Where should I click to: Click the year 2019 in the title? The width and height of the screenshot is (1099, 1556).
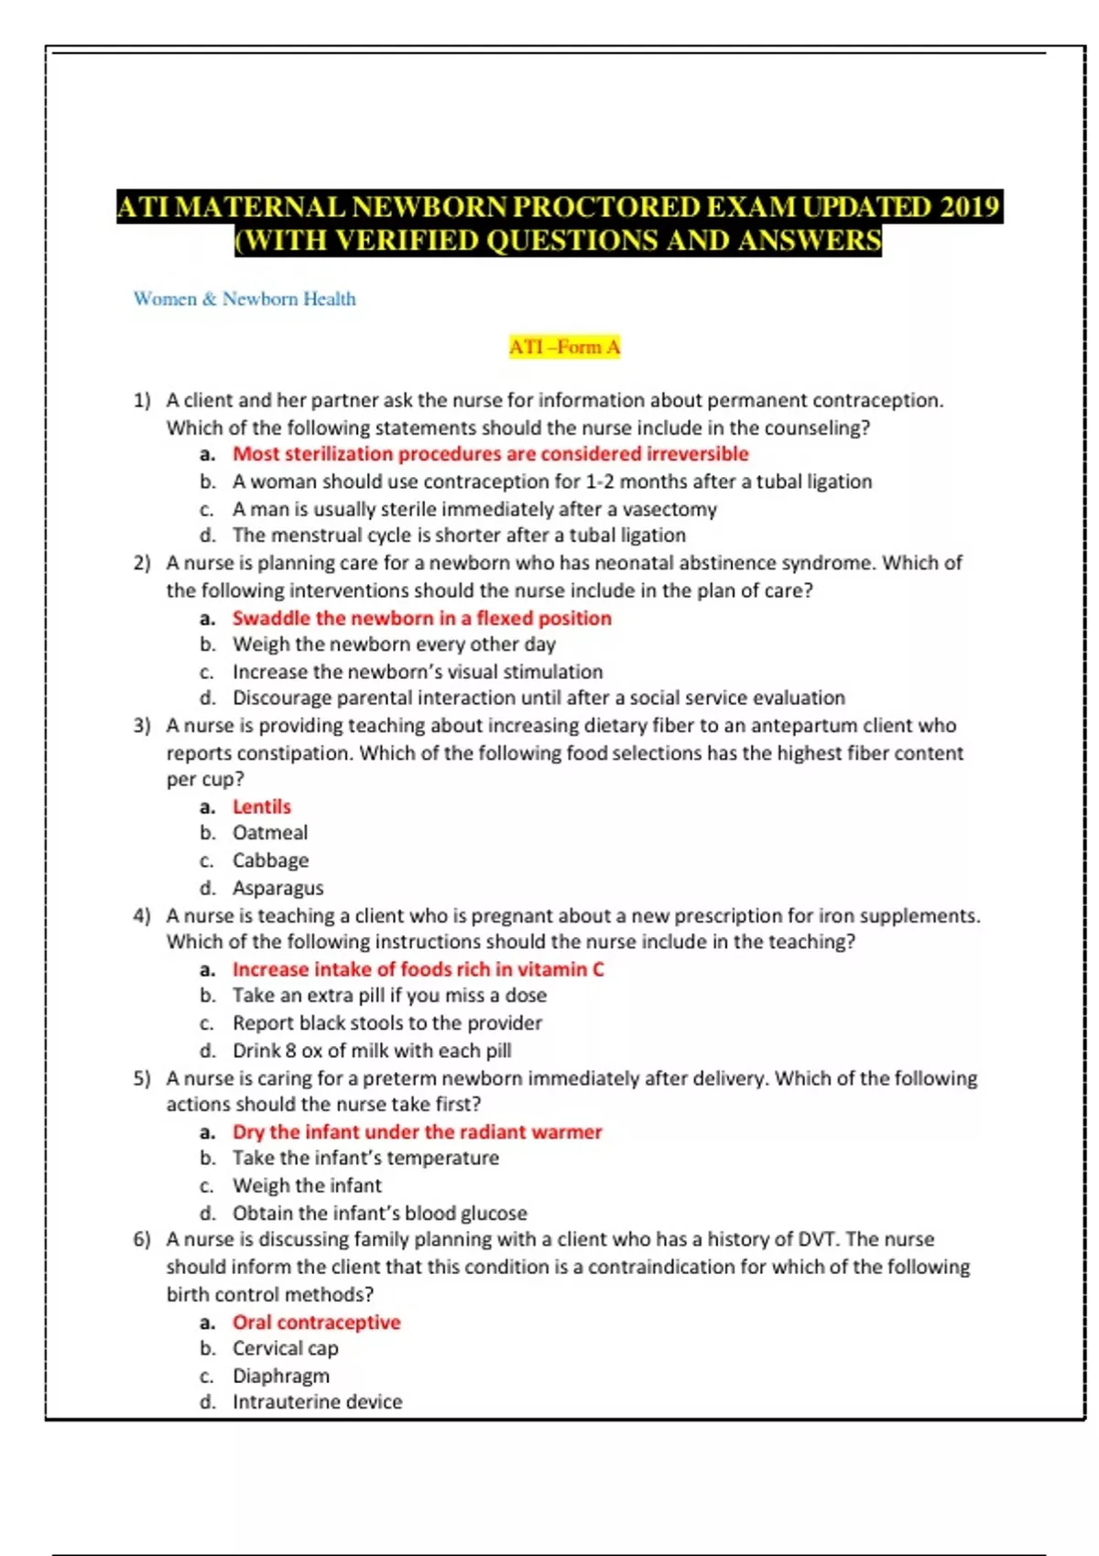pos(969,207)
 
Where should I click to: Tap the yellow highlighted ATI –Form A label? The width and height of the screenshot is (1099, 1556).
pos(564,347)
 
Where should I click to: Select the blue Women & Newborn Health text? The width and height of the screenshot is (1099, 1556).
pos(245,298)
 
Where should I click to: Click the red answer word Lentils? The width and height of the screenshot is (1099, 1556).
pos(261,806)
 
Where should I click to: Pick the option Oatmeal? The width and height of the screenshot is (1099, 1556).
pos(269,833)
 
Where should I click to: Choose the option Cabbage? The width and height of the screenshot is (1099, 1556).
pos(270,860)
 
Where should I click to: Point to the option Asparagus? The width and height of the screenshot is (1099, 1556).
pos(277,888)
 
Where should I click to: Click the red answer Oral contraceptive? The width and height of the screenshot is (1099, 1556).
pos(316,1322)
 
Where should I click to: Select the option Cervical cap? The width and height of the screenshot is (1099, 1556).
pos(285,1348)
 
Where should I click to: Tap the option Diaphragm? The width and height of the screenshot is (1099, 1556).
pos(280,1376)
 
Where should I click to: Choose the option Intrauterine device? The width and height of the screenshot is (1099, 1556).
pos(317,1402)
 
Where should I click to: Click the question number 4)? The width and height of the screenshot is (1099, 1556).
pos(142,915)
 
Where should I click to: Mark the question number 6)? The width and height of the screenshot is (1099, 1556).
pos(142,1239)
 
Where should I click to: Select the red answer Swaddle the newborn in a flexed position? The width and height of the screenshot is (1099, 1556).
pos(421,618)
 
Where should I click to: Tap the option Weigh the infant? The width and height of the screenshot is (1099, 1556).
pos(307,1185)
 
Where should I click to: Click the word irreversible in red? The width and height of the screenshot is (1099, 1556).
pos(697,454)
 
